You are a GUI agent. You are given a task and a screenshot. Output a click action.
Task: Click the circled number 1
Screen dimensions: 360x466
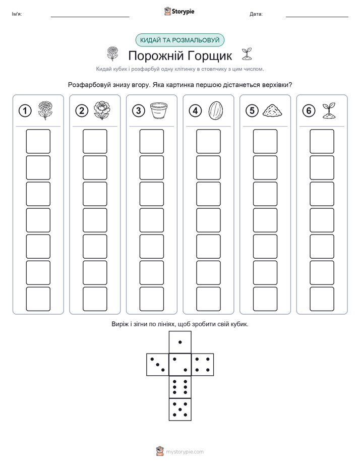pos(25,111)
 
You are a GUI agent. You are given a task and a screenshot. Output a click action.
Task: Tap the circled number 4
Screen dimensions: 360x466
pos(195,111)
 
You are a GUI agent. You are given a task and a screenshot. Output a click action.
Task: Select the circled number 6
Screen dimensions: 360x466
pos(309,111)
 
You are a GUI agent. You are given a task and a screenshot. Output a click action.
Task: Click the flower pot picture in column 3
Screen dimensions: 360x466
pos(159,110)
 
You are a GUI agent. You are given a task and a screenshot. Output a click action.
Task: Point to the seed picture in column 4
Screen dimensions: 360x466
pos(215,110)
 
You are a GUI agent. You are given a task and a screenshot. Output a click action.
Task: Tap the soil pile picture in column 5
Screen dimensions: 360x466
pos(272,110)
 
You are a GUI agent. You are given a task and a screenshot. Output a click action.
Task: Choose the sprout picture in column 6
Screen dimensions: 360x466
pos(329,111)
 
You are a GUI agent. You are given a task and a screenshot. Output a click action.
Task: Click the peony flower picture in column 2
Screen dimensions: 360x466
pos(102,110)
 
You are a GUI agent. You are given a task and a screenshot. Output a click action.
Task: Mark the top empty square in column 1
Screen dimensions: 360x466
pos(38,141)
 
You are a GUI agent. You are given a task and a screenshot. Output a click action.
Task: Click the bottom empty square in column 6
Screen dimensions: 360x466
pos(322,299)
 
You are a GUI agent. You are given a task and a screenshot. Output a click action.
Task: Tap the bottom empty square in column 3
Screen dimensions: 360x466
pos(151,299)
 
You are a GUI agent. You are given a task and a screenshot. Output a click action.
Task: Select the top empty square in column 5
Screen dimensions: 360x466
pos(265,141)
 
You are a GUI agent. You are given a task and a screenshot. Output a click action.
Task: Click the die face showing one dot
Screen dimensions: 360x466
pos(180,342)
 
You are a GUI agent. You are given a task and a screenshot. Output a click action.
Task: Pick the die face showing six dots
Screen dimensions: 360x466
pos(180,387)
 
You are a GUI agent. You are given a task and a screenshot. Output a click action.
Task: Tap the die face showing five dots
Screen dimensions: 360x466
pos(180,410)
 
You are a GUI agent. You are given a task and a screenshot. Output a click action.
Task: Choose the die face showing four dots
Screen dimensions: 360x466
pos(203,365)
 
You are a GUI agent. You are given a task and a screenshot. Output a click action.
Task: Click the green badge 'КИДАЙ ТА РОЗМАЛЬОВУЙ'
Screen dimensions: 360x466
pos(179,40)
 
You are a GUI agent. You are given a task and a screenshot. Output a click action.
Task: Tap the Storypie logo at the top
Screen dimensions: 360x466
pos(179,12)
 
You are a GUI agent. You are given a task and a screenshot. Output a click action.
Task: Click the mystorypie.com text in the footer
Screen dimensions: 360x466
pos(185,452)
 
